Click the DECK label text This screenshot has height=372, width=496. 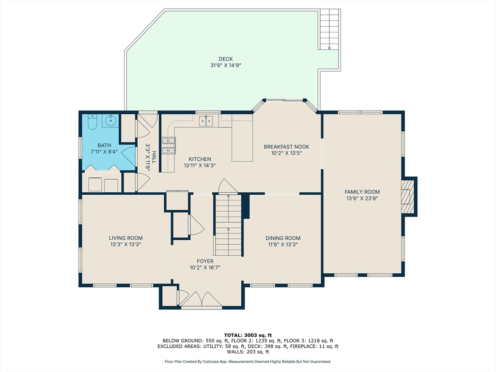[225, 59]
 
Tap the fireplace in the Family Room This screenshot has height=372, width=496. [408, 196]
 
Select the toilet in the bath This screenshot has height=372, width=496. [93, 121]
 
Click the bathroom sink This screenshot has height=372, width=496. [110, 120]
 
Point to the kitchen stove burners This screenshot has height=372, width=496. [168, 145]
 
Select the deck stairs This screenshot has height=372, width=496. [329, 30]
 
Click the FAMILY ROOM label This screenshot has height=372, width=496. [362, 192]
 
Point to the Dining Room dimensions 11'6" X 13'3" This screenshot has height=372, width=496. [283, 245]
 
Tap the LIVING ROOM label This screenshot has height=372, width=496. [125, 238]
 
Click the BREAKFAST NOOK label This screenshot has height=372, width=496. [286, 147]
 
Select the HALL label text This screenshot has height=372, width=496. [154, 157]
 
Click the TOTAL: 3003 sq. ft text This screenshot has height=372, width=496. [248, 335]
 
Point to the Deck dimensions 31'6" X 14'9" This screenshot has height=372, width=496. [225, 65]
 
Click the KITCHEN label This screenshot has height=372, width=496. [200, 159]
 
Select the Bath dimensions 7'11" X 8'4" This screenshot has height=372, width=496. [104, 152]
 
